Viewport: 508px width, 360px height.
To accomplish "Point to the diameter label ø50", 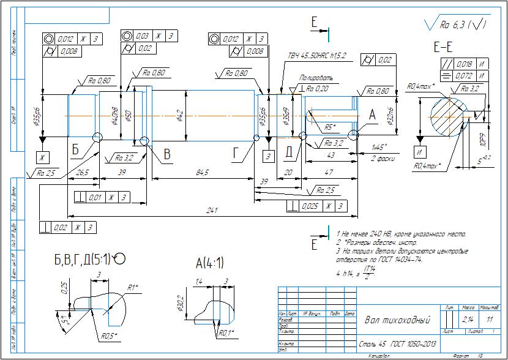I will point(129,115).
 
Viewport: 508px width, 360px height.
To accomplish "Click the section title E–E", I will point(443,47).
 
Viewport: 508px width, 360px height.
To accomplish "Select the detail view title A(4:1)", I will point(209,264).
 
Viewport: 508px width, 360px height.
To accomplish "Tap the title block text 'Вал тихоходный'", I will point(397,320).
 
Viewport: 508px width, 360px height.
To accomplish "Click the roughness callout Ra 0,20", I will point(318,89).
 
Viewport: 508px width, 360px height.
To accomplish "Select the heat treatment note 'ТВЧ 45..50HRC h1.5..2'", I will point(317,56).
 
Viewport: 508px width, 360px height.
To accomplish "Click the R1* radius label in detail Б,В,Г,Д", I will point(133,287).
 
